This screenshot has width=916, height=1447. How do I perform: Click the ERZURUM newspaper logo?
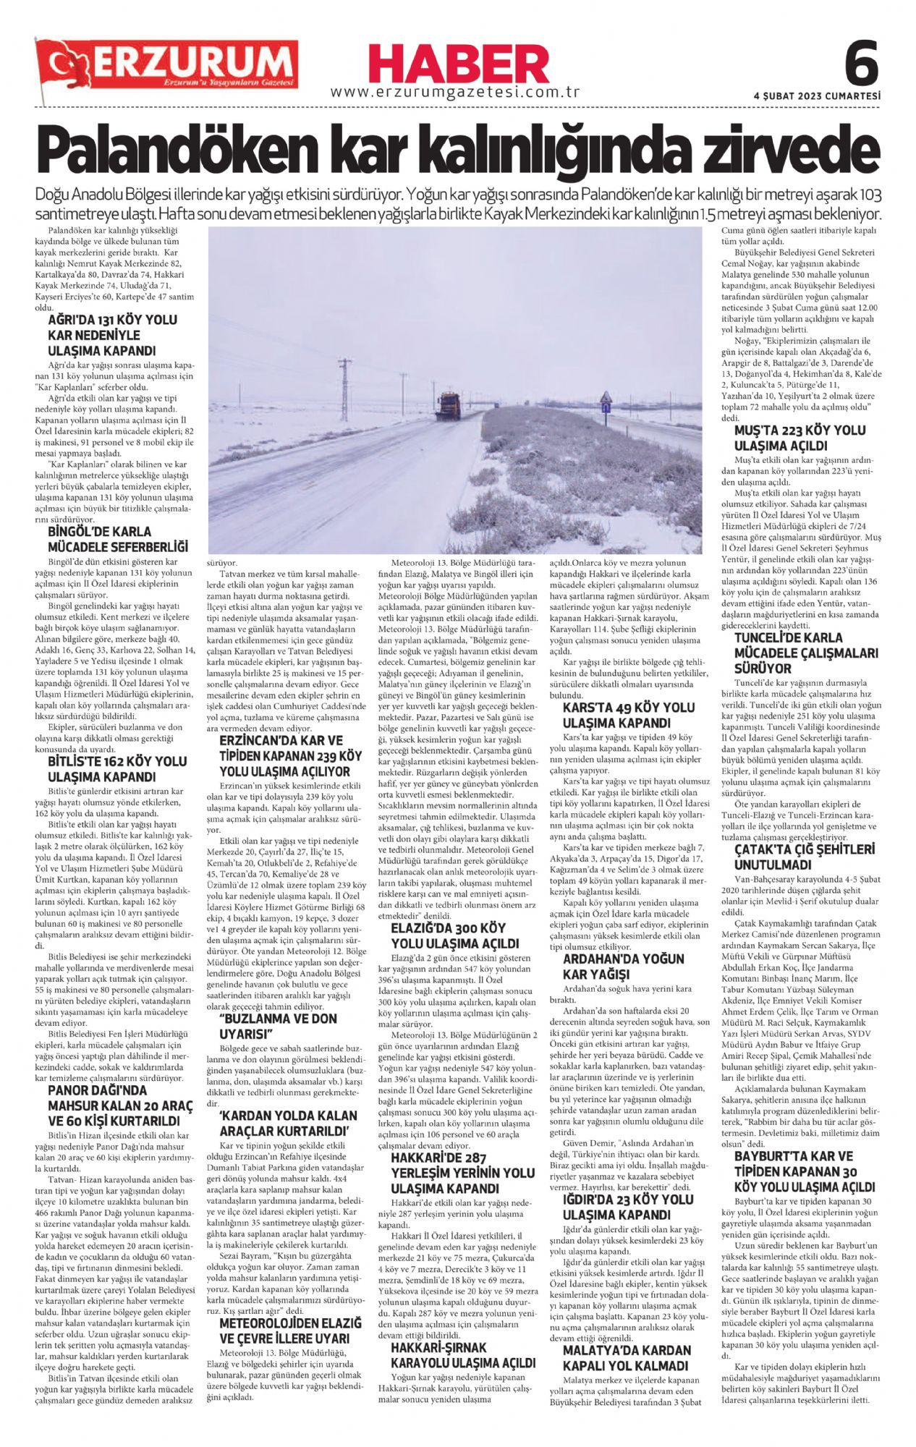(x=167, y=64)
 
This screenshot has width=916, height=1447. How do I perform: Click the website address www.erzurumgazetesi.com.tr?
(x=457, y=93)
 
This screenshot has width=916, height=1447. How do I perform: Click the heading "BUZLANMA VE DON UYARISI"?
(x=279, y=1025)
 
